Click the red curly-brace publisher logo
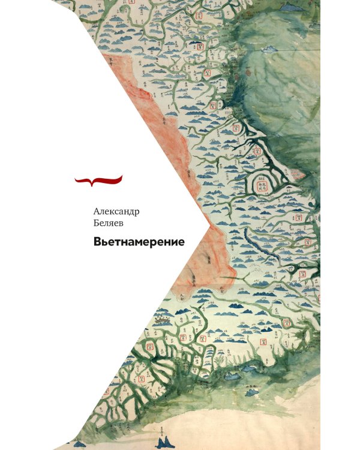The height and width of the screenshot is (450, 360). pyautogui.click(x=98, y=178)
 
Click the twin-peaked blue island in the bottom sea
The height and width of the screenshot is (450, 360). pyautogui.click(x=163, y=442)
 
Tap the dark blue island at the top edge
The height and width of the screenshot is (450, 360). pyautogui.click(x=293, y=7)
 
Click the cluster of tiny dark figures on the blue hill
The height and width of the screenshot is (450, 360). pyautogui.click(x=161, y=321)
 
